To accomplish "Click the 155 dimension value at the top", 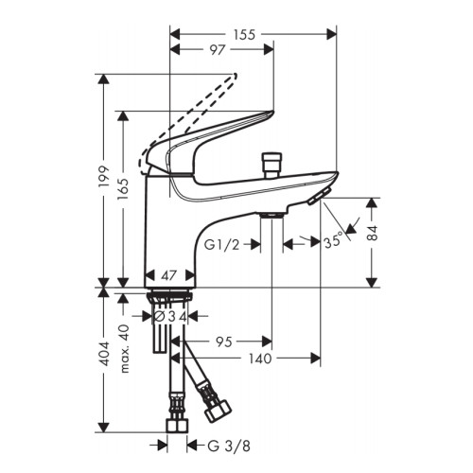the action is coord(244,35).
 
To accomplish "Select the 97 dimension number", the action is coord(218,50).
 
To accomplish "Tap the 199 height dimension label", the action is coord(104,177).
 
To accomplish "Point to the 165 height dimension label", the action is coord(122,188).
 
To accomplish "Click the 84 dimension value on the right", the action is coord(373,233).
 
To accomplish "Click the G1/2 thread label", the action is coord(222,244).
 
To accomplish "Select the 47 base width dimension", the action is coord(168,275).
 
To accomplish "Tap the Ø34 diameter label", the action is coord(170,317).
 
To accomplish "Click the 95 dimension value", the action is coord(224,342).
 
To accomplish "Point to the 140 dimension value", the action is coord(260,359).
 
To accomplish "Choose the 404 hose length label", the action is coord(104,353).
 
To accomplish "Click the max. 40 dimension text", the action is coord(125,348).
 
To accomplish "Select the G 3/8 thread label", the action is coord(229,446).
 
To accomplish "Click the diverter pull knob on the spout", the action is coord(272,165).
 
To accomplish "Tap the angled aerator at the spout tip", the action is coord(320,196).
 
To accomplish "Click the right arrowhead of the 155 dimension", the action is coord(332,34).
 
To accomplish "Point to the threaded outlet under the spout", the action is coord(272,215).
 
